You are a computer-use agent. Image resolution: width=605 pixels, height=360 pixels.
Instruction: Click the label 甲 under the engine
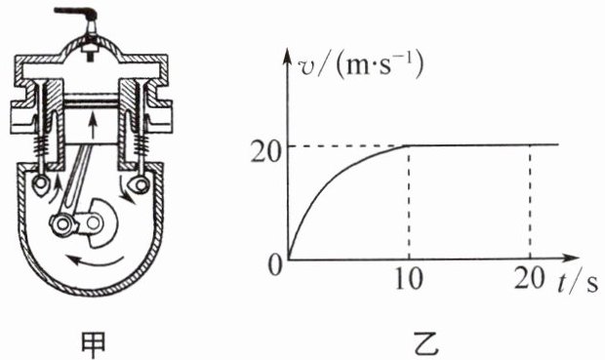[94, 345]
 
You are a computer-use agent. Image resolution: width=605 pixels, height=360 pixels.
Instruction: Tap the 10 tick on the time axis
[409, 278]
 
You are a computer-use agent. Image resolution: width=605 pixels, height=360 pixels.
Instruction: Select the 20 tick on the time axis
[529, 278]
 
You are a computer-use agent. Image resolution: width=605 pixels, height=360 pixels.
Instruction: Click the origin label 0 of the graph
[275, 265]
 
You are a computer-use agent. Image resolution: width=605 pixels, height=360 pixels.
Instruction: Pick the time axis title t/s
[577, 282]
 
